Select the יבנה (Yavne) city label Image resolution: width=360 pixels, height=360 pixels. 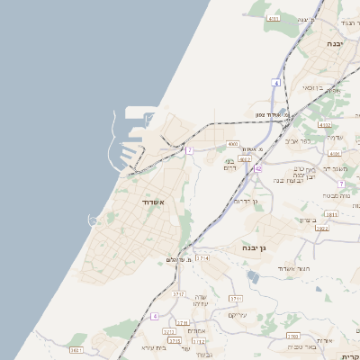point(335,43)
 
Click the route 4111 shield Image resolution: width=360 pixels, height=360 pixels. point(274,18)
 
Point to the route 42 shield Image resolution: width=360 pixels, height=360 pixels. point(258,167)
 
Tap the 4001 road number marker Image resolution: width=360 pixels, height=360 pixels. point(233,143)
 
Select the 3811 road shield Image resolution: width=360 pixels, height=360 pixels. point(331,215)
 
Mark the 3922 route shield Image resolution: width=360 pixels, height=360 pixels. point(321,229)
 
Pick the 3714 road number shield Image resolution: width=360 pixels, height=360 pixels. point(202,257)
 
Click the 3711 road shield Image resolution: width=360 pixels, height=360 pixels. point(236,298)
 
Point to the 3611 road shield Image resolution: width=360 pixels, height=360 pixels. point(75,349)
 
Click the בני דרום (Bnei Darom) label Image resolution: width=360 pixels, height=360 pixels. point(230,165)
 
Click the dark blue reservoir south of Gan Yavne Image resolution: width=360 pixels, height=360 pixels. point(254,278)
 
